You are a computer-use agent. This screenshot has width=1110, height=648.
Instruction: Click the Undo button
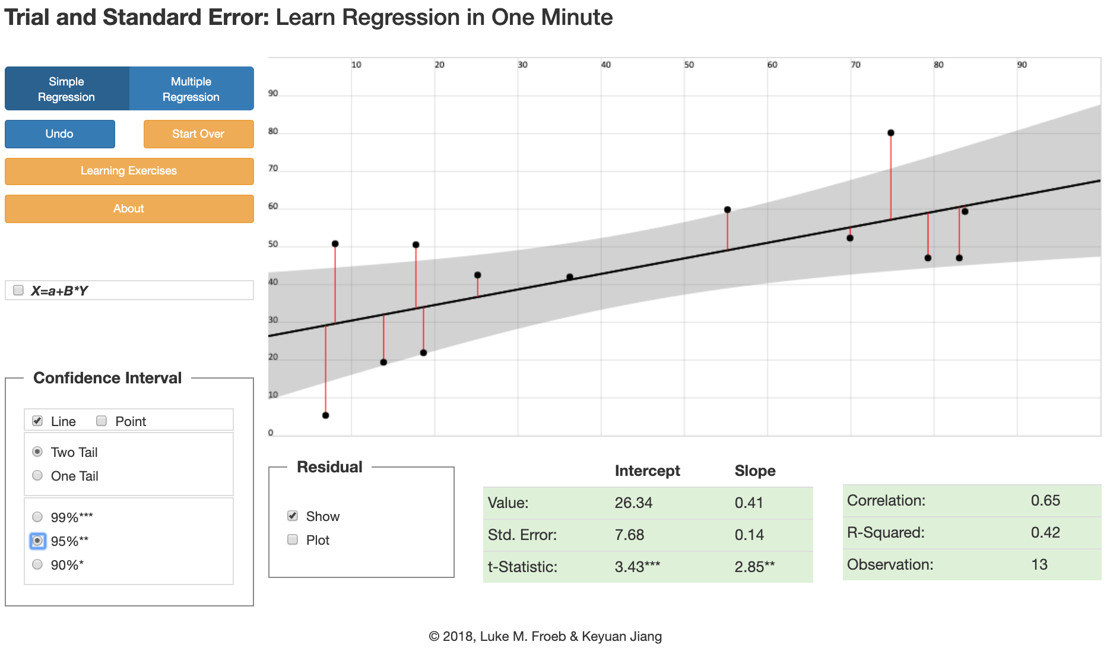click(x=59, y=134)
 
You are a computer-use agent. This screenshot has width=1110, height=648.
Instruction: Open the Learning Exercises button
click(x=129, y=171)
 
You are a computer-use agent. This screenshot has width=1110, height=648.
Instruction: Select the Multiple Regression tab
click(x=191, y=89)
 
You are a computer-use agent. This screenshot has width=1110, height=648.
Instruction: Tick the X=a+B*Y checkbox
click(x=18, y=290)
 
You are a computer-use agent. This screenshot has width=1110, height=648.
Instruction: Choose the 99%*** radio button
click(x=37, y=517)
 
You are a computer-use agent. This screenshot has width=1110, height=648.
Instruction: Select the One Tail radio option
click(x=37, y=475)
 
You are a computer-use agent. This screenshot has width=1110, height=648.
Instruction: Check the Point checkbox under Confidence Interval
click(x=102, y=421)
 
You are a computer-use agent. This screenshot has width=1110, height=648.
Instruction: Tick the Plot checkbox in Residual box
click(x=293, y=539)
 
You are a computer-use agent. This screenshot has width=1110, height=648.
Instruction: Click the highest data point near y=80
click(x=890, y=133)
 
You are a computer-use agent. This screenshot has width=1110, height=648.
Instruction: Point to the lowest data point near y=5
click(x=325, y=415)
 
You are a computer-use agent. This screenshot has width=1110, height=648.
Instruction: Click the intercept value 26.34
click(x=633, y=503)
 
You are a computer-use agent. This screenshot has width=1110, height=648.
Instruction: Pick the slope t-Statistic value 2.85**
click(x=754, y=567)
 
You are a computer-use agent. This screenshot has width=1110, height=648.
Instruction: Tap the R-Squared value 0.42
click(x=1045, y=532)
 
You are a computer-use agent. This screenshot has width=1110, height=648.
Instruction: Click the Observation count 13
click(x=1039, y=564)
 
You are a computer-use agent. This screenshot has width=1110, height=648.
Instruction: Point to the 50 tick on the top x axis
click(x=689, y=65)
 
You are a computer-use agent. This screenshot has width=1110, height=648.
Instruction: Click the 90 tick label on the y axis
click(x=273, y=93)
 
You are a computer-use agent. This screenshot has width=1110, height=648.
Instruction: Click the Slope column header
click(x=755, y=471)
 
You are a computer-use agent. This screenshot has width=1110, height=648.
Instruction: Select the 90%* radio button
click(x=37, y=564)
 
